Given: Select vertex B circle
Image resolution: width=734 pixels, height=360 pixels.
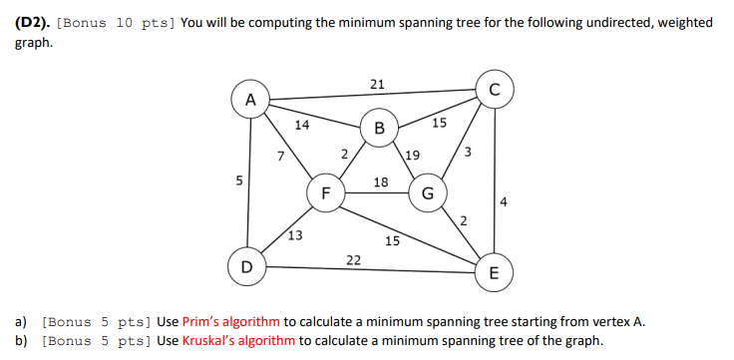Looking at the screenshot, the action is [x=379, y=128].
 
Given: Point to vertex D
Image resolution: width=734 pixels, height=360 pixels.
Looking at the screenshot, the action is [x=244, y=266].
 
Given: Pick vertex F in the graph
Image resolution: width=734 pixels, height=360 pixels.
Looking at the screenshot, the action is [x=325, y=193].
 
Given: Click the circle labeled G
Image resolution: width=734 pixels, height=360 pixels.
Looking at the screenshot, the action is [x=428, y=192].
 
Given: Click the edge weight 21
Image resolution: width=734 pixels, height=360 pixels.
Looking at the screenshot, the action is [x=376, y=85].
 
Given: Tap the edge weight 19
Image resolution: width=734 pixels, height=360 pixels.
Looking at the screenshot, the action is [x=413, y=155].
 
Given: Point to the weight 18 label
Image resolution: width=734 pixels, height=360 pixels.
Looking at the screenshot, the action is [x=380, y=181].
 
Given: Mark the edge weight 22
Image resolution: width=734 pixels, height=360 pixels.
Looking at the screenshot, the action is [x=353, y=259].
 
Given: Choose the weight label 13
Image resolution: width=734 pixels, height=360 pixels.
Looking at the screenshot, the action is [x=294, y=235].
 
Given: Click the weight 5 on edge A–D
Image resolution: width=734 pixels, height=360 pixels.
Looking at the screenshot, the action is [x=238, y=181].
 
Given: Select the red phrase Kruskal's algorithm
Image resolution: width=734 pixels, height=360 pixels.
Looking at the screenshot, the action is [x=238, y=340].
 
